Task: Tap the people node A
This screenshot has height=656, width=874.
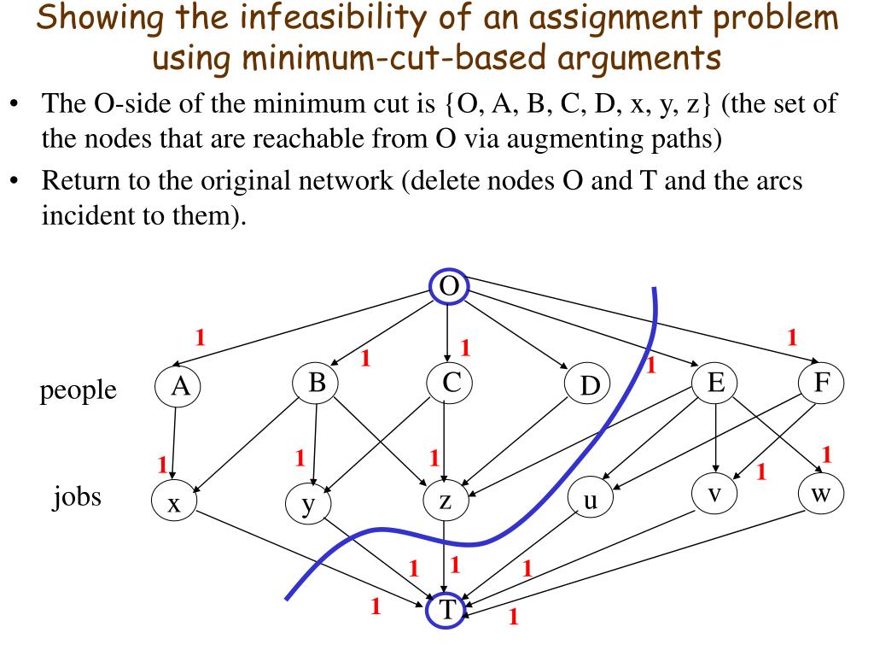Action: click(179, 387)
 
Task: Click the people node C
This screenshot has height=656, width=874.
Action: click(450, 384)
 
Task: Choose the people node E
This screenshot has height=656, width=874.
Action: click(715, 384)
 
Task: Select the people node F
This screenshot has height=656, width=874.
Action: click(822, 383)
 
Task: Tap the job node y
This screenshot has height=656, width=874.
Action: click(308, 504)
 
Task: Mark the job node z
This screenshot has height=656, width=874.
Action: click(446, 501)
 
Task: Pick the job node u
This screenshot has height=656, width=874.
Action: click(589, 501)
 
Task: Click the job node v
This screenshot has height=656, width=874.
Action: click(715, 493)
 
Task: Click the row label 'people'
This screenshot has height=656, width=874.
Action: click(78, 389)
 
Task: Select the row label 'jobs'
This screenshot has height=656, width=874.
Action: click(77, 496)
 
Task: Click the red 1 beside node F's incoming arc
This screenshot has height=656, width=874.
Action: click(792, 337)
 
